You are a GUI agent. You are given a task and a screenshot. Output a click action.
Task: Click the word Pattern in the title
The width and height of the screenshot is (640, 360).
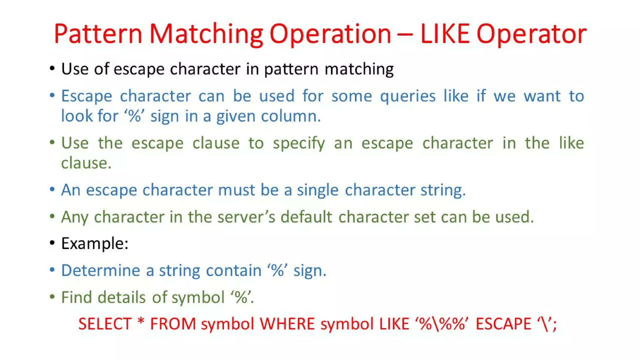pos(98,34)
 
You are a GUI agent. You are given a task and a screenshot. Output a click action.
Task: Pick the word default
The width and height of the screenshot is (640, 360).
pos(306,217)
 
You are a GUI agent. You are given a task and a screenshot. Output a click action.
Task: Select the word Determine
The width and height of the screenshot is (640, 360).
pos(100,270)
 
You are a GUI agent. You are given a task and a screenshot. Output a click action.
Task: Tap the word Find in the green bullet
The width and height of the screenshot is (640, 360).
pos(76,297)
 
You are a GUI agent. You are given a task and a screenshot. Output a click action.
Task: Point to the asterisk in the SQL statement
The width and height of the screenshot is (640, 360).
pos(141,322)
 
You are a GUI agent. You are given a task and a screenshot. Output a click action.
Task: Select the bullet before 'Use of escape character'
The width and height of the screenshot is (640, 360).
pos(52,68)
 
